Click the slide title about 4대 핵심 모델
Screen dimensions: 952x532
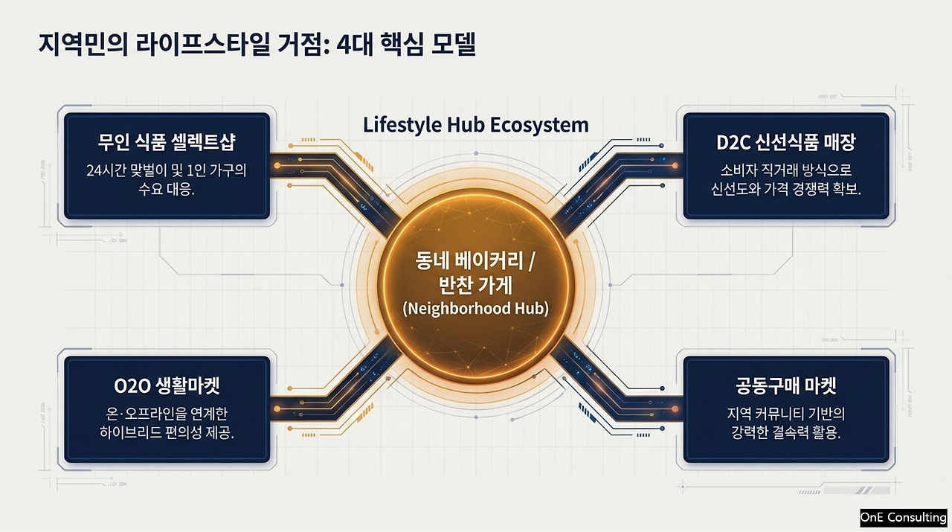(257, 45)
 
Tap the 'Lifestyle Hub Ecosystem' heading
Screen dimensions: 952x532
(475, 126)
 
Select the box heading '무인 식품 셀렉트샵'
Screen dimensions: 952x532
(167, 142)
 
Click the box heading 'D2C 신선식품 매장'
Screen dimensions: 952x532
(786, 142)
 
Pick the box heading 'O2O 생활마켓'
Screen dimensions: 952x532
(167, 385)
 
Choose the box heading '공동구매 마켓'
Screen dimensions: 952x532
(786, 385)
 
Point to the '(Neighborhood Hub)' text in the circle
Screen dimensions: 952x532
(475, 309)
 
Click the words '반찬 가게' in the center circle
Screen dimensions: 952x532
(475, 286)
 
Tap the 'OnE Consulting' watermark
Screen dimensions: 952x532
(904, 518)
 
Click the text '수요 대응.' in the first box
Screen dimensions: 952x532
(167, 189)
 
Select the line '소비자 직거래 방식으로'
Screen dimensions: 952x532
(786, 170)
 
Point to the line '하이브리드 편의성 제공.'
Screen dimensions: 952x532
(167, 433)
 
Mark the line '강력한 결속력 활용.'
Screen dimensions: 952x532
(786, 433)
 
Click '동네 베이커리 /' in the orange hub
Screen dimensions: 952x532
(475, 260)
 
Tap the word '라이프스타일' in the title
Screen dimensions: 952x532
(203, 45)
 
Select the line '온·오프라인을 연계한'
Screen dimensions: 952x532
(167, 414)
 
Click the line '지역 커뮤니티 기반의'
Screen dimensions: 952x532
(786, 414)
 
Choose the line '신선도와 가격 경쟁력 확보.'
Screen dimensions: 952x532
(786, 189)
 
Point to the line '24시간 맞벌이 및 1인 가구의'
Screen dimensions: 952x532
(167, 170)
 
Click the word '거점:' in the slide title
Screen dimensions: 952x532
(303, 45)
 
